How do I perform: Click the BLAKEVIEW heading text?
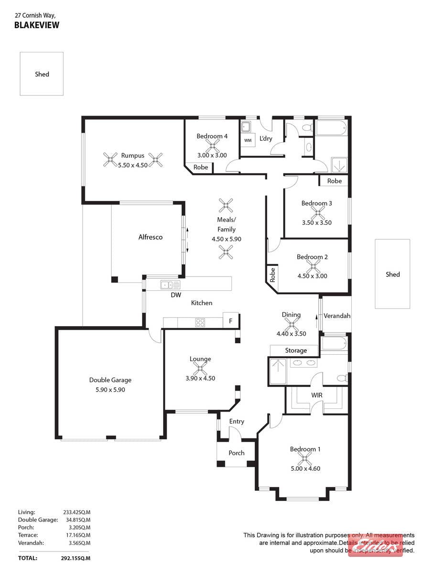(x=37, y=25)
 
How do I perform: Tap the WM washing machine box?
(x=248, y=140)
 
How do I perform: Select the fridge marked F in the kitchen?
(x=231, y=320)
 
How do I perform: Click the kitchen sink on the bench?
(x=170, y=285)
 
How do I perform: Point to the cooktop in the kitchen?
(x=200, y=322)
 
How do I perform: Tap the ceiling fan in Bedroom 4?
(x=212, y=146)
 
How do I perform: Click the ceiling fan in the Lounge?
(x=200, y=368)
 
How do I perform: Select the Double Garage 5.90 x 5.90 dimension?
(x=110, y=390)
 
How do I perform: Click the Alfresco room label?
(x=150, y=237)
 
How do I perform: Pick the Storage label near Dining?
(x=296, y=350)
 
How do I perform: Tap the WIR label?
(x=317, y=395)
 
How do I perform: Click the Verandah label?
(x=336, y=316)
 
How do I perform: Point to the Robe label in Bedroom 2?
(x=272, y=275)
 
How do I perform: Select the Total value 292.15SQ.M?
(x=76, y=558)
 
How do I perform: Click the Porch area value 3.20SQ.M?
(x=79, y=527)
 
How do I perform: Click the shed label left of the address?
(x=42, y=74)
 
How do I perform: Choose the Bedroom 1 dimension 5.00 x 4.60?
(x=305, y=468)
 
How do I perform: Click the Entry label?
(x=236, y=421)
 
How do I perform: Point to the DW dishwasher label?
(x=176, y=295)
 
